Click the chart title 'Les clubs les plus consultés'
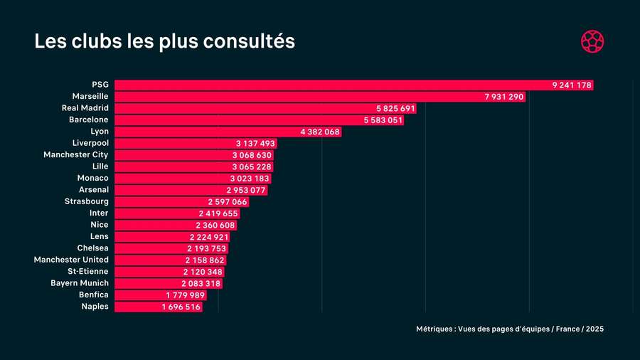164,41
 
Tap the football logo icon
592,41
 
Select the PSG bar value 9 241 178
572,85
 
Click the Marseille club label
90,97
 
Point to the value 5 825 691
395,109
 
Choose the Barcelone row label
89,120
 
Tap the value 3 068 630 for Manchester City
252,155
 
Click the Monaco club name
92,178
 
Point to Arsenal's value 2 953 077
246,190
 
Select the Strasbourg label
86,201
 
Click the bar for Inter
177,213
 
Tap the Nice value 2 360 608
215,225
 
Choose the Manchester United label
71,260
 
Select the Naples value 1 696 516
181,307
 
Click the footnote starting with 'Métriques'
510,329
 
